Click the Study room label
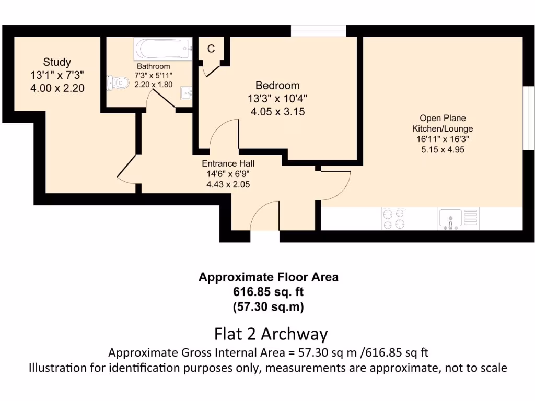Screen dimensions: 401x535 pos(57,63)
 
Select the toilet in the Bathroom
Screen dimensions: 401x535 pos(119,82)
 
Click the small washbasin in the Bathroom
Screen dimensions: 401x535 pos(186,93)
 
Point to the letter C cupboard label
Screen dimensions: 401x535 pos(211,49)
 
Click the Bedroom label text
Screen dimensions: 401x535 pos(277,86)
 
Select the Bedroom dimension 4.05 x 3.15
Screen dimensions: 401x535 pos(277,111)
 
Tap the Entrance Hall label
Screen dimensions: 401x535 pos(228,164)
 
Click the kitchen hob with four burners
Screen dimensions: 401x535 pos(394,219)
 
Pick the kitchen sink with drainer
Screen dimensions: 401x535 pos(458,219)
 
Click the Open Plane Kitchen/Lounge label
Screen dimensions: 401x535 pos(439,123)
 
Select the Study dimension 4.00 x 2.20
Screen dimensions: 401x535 pos(57,88)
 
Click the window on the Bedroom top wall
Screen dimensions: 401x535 pos(318,30)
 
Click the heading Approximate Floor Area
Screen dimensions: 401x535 pos(268,277)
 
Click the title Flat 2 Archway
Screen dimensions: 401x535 pos(271,334)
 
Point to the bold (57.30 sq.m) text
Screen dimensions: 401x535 pos(268,307)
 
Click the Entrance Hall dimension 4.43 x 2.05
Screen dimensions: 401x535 pos(228,184)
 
